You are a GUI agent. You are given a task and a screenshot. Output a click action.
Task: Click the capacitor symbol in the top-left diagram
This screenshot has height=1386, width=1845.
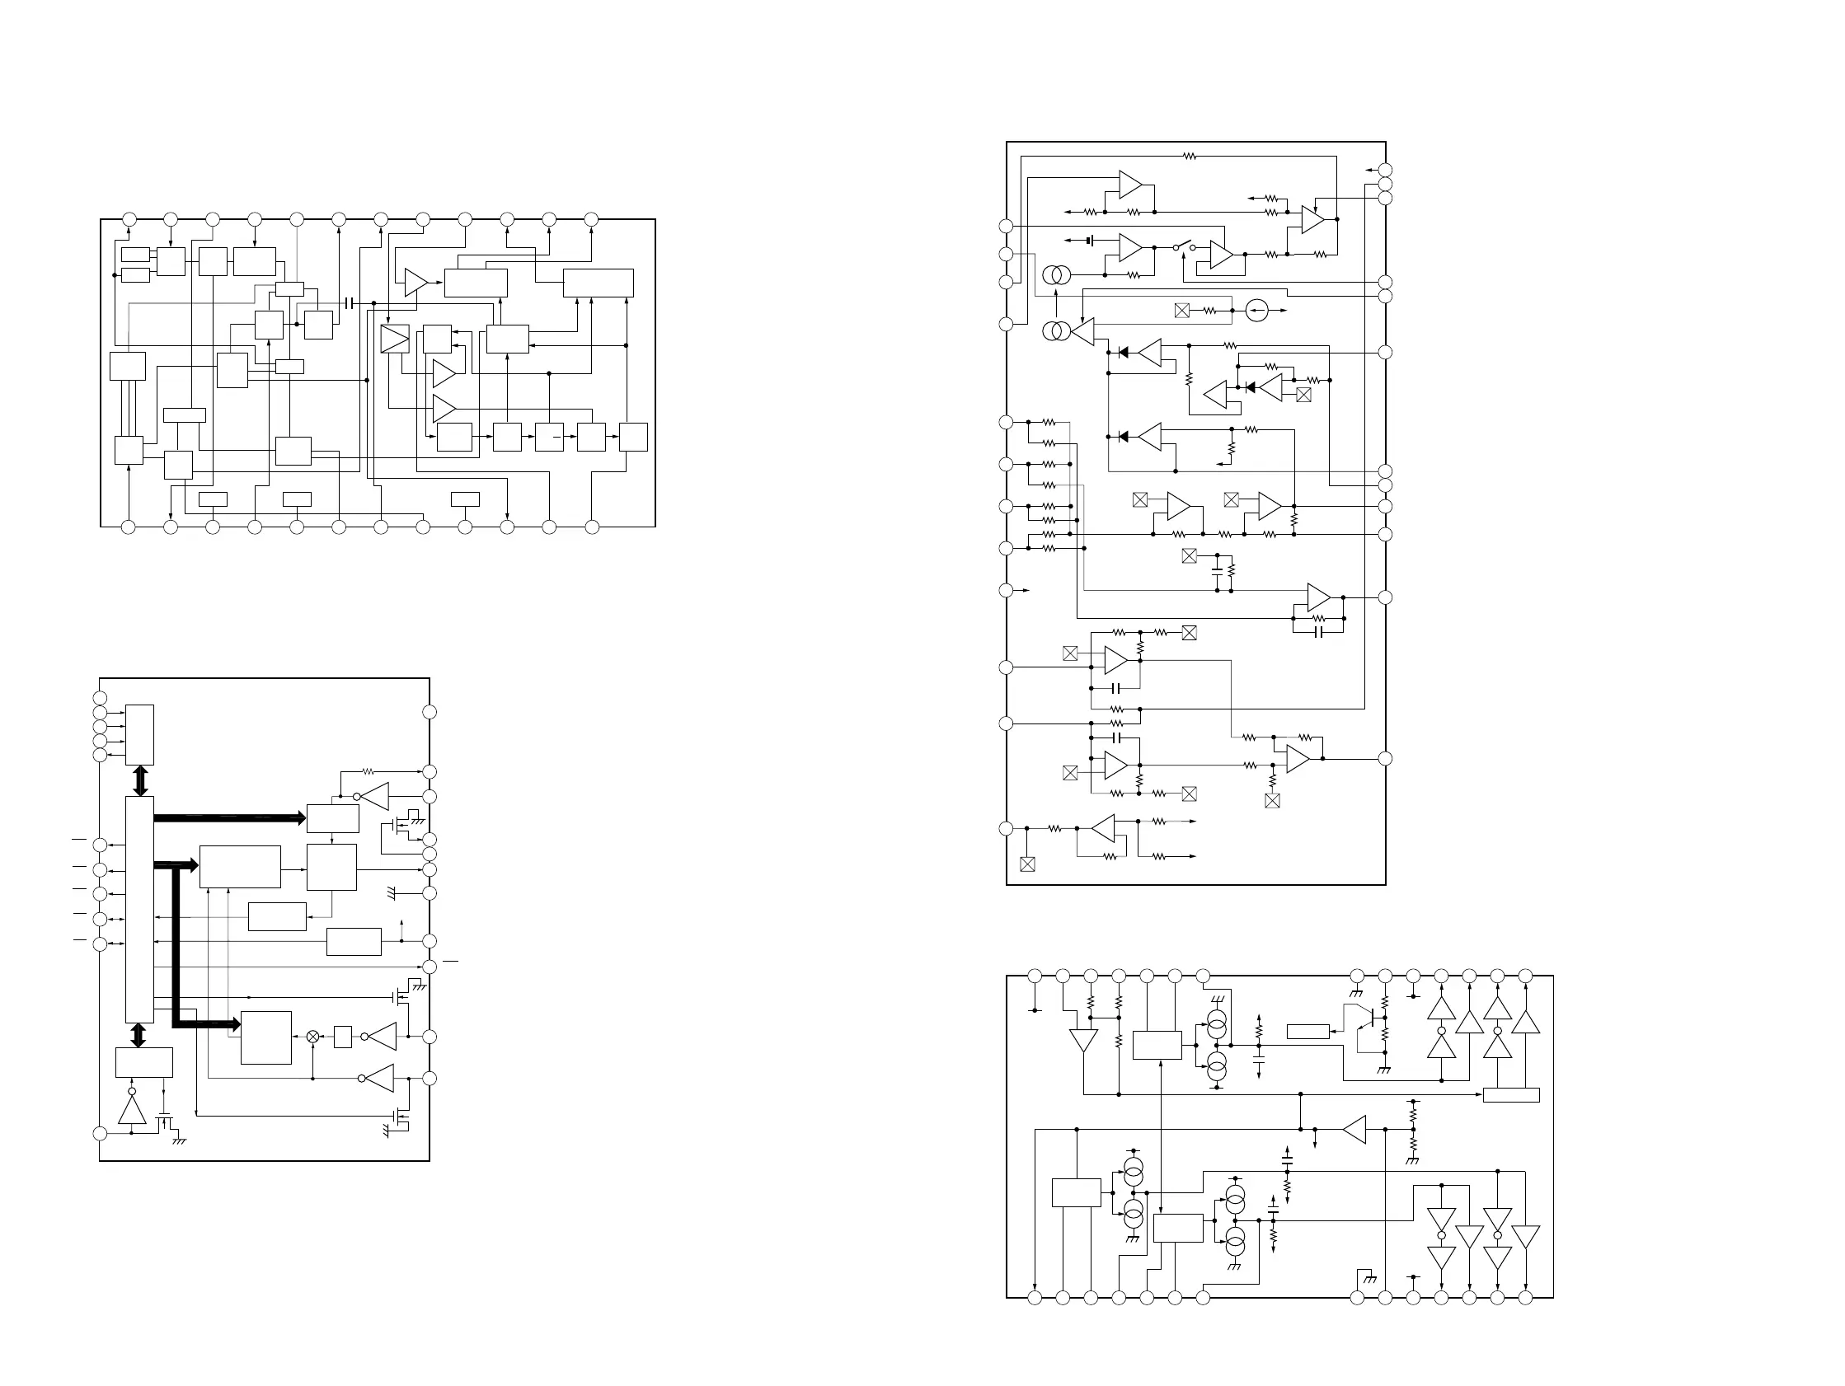click(349, 302)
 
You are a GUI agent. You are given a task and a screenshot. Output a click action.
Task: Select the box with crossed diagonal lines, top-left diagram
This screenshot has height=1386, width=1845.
click(395, 339)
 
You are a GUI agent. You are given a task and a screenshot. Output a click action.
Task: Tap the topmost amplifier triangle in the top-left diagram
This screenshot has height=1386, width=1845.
click(415, 282)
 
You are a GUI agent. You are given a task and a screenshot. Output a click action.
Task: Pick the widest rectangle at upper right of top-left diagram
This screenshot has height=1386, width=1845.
click(598, 283)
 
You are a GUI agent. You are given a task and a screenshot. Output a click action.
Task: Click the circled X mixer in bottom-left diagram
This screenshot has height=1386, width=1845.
click(312, 1037)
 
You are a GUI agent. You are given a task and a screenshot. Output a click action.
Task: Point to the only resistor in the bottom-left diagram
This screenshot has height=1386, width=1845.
click(368, 771)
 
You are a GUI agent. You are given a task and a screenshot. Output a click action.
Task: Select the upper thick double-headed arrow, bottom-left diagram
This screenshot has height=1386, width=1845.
click(140, 780)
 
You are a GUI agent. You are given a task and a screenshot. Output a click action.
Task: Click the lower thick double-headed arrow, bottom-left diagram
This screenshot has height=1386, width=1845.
click(139, 1035)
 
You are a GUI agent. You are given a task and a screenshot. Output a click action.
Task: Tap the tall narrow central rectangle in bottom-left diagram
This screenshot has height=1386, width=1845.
click(139, 909)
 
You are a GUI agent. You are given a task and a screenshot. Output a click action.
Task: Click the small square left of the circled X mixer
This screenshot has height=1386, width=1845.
click(342, 1037)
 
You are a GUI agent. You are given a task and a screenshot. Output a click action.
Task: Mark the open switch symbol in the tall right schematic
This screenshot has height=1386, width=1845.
click(1185, 248)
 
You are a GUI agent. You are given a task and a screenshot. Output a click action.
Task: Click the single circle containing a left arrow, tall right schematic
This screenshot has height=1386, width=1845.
click(1257, 311)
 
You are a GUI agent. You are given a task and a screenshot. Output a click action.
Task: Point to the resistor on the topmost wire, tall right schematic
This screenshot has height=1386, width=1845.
click(1190, 156)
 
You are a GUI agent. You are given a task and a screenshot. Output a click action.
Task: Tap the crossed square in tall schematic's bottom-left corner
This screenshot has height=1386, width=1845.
click(1027, 864)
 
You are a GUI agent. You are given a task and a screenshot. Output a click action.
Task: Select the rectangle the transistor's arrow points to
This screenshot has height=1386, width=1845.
click(1307, 1032)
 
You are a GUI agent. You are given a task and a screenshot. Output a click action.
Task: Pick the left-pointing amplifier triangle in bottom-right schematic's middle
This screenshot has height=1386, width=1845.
click(1354, 1129)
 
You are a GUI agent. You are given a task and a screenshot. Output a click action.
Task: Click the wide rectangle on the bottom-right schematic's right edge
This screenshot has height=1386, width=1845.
click(1511, 1095)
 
